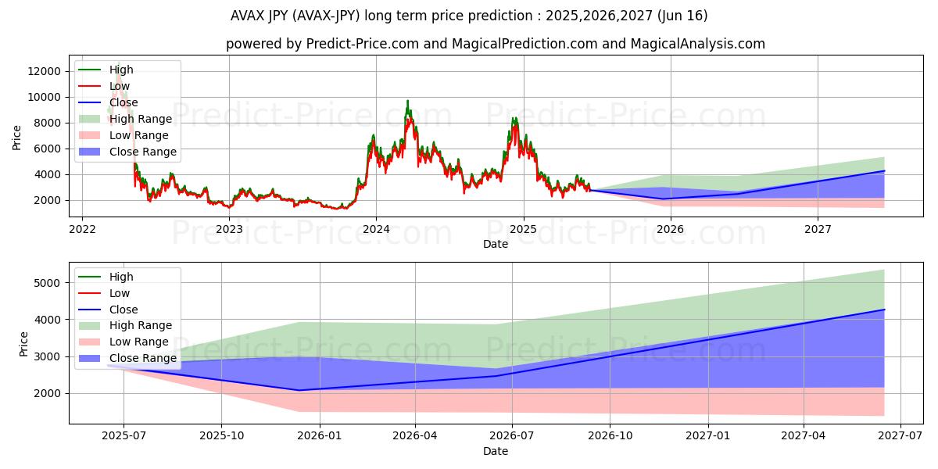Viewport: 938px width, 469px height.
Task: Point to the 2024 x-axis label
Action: pos(376,229)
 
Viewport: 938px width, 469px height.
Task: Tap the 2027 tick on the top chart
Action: pos(818,229)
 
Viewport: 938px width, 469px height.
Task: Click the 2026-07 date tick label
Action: pos(511,436)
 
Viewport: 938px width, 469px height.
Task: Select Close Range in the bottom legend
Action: pos(143,358)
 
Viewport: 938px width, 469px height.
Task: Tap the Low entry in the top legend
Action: pos(120,86)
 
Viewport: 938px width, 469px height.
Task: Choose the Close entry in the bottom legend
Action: pos(124,310)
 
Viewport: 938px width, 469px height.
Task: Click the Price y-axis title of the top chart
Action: pos(17,137)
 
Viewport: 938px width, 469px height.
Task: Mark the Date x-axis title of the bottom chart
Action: pos(496,451)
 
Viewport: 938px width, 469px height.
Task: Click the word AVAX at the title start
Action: pos(249,16)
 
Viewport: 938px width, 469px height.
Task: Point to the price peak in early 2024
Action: pos(407,101)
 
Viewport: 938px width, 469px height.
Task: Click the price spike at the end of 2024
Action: pos(514,118)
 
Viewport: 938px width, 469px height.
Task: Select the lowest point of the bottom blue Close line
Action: pos(298,390)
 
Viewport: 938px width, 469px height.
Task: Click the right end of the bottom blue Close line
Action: pos(884,310)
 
